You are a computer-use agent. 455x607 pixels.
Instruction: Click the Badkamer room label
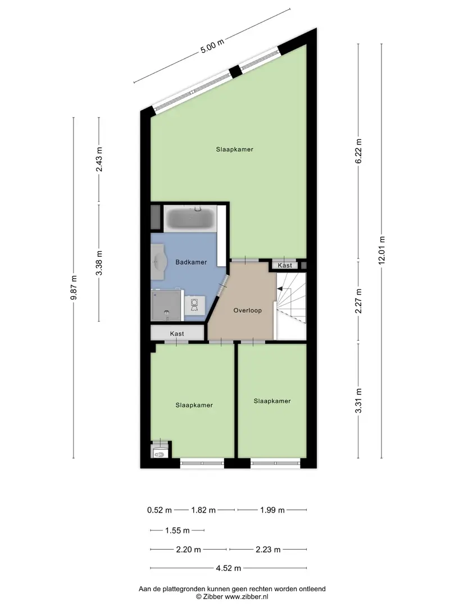click(191, 262)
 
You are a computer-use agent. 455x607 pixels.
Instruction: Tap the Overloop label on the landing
click(248, 310)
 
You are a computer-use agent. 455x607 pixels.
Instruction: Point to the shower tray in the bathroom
click(166, 305)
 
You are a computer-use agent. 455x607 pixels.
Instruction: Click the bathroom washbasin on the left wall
click(158, 262)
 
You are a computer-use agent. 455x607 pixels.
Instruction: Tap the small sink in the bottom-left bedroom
click(160, 452)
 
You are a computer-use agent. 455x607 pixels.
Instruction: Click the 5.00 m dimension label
click(212, 47)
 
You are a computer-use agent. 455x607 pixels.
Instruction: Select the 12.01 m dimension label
click(381, 250)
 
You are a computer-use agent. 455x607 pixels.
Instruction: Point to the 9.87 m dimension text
click(74, 287)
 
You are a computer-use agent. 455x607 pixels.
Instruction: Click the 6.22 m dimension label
click(358, 151)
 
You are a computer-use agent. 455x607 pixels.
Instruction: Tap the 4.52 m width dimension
click(228, 568)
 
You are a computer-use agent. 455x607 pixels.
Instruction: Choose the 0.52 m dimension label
click(160, 510)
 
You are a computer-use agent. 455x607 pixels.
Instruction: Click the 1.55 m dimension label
click(177, 531)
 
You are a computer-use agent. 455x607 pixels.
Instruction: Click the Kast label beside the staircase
click(285, 265)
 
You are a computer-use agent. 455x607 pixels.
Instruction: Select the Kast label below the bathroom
click(177, 334)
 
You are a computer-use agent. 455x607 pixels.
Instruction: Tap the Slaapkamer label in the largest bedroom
click(234, 150)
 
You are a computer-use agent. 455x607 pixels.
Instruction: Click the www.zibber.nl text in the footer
click(247, 596)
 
